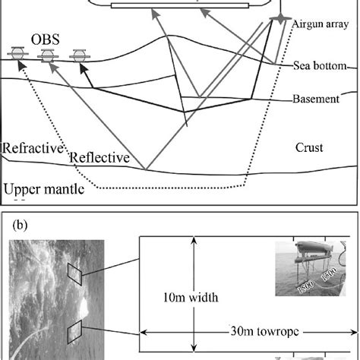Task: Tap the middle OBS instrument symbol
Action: (47, 55)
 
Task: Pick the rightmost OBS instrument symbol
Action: (77, 55)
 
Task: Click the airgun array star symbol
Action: (280, 17)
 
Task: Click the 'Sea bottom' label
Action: (319, 67)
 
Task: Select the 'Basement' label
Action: (316, 99)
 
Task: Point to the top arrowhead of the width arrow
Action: (194, 240)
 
